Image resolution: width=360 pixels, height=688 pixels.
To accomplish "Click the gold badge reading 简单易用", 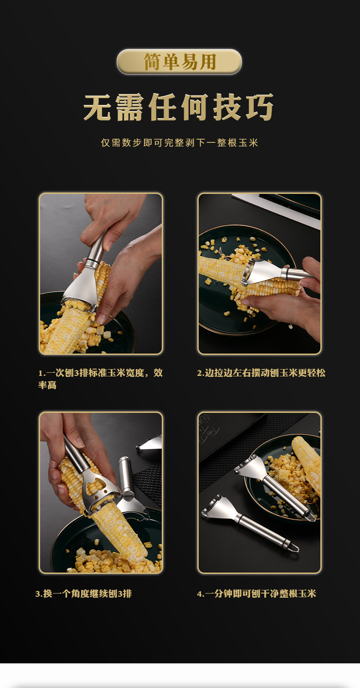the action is tap(179, 62).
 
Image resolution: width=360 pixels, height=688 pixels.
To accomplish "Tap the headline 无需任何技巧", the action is tap(179, 107).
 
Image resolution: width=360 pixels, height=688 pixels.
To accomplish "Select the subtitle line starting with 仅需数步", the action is tap(180, 143).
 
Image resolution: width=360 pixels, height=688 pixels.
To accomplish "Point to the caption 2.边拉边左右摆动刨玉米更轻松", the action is tap(261, 373).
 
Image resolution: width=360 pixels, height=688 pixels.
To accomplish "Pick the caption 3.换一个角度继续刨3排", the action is tap(83, 594).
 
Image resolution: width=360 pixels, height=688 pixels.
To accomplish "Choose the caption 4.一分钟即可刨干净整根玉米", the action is tap(257, 594).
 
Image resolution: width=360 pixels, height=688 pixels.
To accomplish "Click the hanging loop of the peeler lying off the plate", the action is tap(294, 548).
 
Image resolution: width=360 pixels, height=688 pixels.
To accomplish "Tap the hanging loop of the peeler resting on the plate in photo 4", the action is tap(311, 516).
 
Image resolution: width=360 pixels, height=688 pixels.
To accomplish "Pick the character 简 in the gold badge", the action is tap(153, 62).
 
